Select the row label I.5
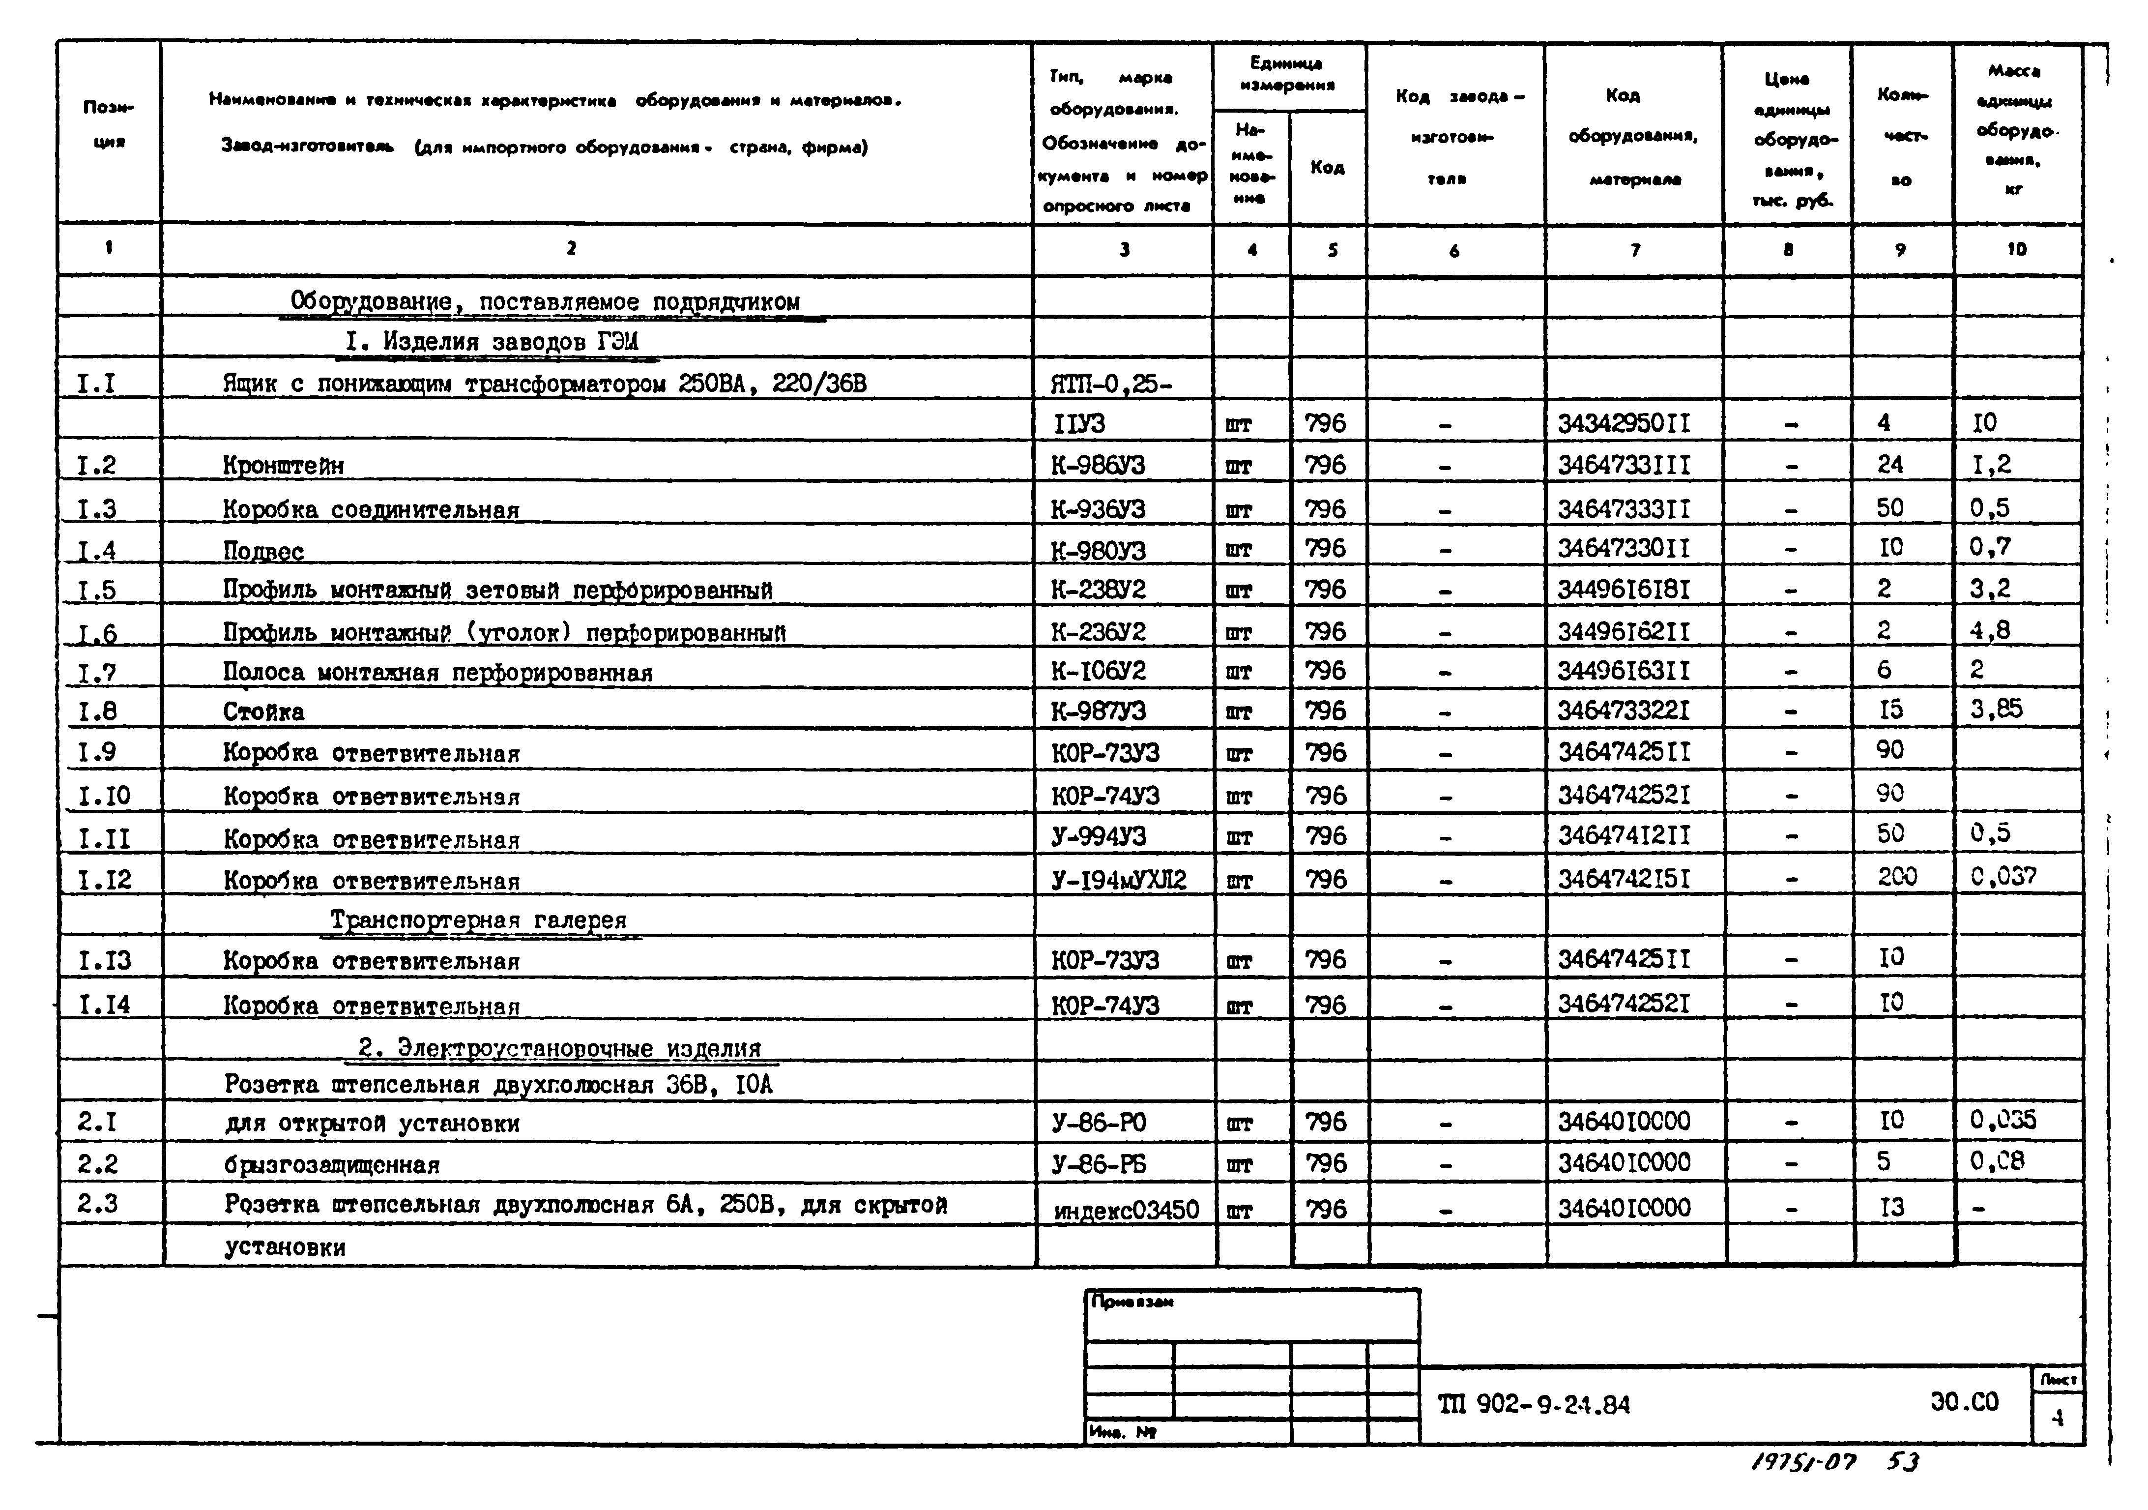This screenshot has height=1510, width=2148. (x=97, y=591)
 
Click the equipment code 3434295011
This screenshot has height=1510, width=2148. (x=1623, y=424)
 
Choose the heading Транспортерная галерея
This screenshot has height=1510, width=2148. (x=478, y=920)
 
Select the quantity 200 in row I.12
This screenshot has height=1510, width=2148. (x=1896, y=877)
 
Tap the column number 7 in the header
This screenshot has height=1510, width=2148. (x=1634, y=250)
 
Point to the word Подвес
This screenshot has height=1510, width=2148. (x=263, y=551)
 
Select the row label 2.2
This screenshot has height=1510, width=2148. (x=97, y=1164)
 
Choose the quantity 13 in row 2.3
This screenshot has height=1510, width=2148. (x=1891, y=1208)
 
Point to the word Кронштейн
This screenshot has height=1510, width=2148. (x=283, y=466)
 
